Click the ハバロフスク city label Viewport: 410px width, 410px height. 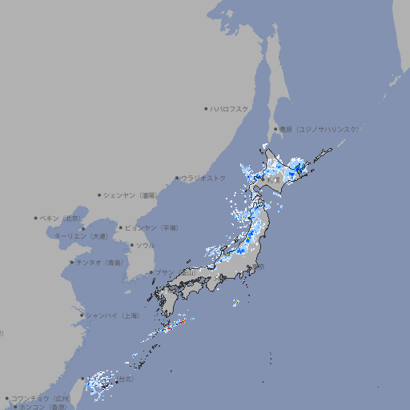click(230, 108)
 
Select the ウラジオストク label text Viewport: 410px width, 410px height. click(203, 178)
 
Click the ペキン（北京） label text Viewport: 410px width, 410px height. click(62, 218)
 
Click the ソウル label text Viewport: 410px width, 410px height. click(145, 245)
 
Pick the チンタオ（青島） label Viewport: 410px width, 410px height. click(99, 262)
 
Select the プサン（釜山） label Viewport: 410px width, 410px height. click(175, 272)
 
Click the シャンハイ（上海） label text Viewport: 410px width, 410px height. click(112, 316)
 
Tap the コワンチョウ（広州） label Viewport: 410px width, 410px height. click(41, 398)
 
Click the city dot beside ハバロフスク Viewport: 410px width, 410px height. click(206, 108)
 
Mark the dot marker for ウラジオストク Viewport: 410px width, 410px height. click(177, 178)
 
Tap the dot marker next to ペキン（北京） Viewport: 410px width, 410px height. click(36, 218)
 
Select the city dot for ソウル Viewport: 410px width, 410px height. click(131, 245)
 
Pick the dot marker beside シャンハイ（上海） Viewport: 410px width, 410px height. click(82, 316)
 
